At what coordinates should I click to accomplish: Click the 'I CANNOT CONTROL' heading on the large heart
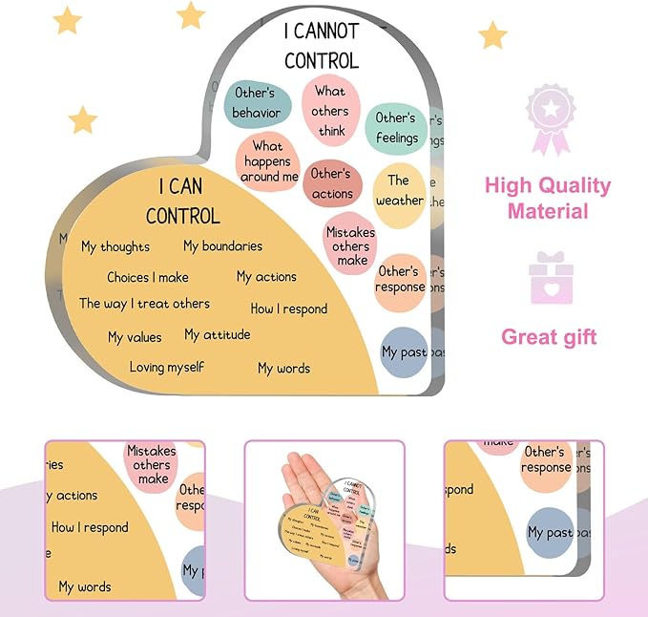(x=321, y=45)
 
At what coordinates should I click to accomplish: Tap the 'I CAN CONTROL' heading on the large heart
(x=182, y=200)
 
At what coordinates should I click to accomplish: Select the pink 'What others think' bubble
(x=329, y=111)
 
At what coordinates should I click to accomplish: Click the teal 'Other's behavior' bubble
(x=255, y=103)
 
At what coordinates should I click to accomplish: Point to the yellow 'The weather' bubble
(x=399, y=191)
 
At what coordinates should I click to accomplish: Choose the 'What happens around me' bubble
(x=268, y=161)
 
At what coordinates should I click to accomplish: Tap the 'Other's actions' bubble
(x=331, y=183)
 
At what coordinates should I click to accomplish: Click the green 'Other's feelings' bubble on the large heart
(x=396, y=128)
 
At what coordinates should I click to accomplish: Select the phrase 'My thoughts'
(x=115, y=246)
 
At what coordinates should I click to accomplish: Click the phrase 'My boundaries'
(x=222, y=246)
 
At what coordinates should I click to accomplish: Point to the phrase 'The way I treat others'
(x=144, y=304)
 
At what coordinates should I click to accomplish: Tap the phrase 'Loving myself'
(x=167, y=367)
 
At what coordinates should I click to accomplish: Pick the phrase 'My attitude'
(x=218, y=334)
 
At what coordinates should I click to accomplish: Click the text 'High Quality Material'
(x=547, y=198)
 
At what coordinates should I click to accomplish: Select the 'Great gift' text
(x=549, y=336)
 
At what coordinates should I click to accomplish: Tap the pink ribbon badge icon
(x=550, y=118)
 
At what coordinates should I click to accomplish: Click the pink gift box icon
(x=551, y=277)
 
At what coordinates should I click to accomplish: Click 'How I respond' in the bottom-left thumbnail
(x=90, y=527)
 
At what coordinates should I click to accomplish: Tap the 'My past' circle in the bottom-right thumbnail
(x=551, y=532)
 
